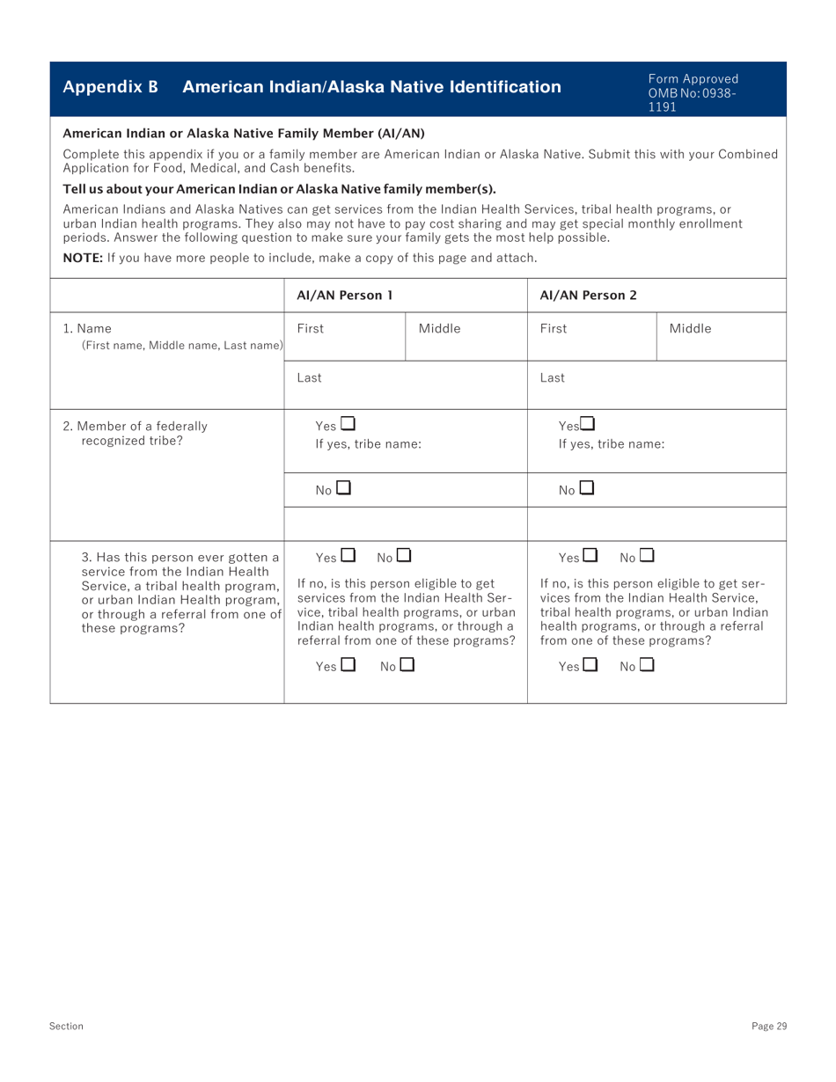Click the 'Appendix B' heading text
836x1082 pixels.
pyautogui.click(x=110, y=87)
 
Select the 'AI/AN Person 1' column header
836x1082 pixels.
pyautogui.click(x=344, y=295)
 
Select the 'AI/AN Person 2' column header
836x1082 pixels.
pyautogui.click(x=587, y=295)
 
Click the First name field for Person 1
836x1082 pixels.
pyautogui.click(x=344, y=337)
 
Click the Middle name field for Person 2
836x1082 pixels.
pyautogui.click(x=721, y=337)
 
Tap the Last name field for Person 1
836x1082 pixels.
pyautogui.click(x=405, y=385)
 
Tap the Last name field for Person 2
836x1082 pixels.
pyautogui.click(x=656, y=385)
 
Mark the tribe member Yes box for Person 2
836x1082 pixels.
pyautogui.click(x=588, y=425)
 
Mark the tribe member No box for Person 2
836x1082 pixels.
pyautogui.click(x=587, y=486)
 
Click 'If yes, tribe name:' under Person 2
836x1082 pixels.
pyautogui.click(x=612, y=444)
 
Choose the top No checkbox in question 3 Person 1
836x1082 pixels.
pyautogui.click(x=404, y=555)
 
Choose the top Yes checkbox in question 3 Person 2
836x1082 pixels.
pyautogui.click(x=590, y=555)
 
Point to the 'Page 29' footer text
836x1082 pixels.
pyautogui.click(x=768, y=1026)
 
